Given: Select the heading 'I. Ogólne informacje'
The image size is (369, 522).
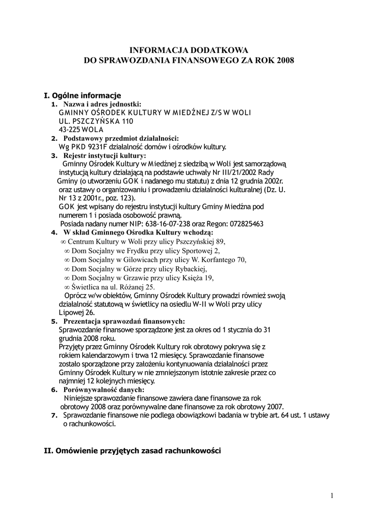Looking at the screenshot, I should [83, 95].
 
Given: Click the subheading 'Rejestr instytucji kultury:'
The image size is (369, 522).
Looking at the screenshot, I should [104, 155].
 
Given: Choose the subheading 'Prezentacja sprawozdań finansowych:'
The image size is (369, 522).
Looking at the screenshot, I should [124, 321].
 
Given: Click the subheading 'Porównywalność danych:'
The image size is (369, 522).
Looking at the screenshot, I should [104, 389].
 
